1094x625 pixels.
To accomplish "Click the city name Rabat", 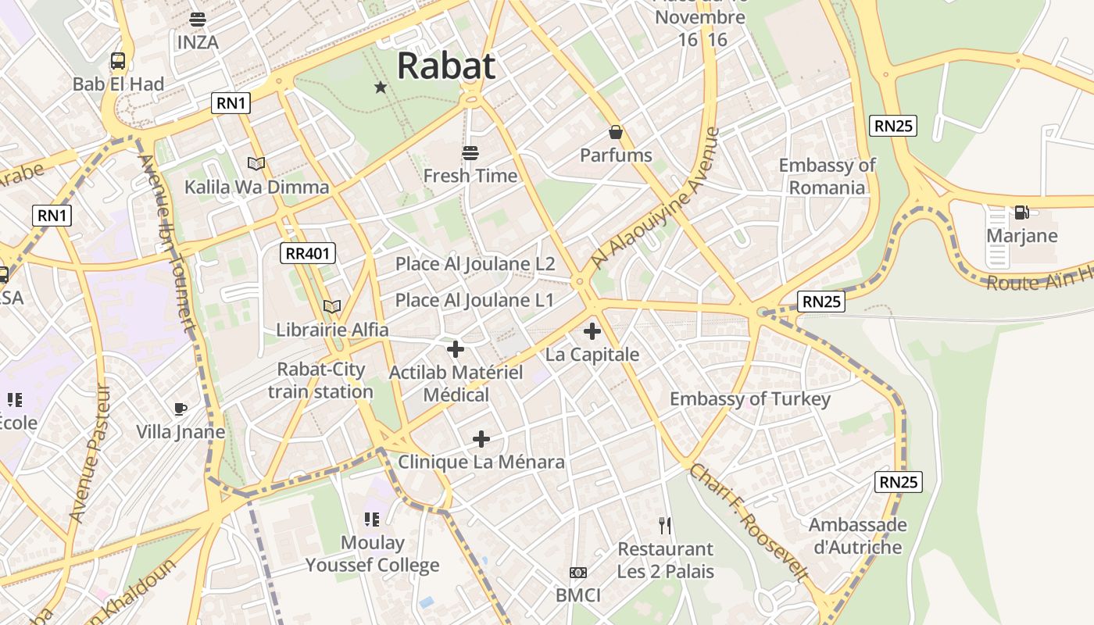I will point(445,67).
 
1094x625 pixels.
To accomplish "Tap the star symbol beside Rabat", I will point(381,87).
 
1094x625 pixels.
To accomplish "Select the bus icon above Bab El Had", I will point(118,61).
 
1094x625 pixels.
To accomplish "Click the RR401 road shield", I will point(308,252).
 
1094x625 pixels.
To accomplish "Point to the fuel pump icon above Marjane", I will point(1021,212).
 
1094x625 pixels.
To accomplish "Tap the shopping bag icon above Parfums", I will point(616,133).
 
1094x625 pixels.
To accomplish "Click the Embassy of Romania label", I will point(827,177).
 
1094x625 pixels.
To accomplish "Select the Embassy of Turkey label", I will point(750,399).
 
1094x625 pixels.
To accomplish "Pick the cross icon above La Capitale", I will point(592,331).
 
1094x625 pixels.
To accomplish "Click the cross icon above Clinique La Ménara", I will point(481,439).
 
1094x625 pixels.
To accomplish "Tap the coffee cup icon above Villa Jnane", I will point(181,409).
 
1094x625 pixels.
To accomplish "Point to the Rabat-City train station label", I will point(320,380).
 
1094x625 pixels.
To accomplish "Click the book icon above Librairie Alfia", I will point(332,307).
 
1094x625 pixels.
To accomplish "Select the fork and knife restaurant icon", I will point(665,525).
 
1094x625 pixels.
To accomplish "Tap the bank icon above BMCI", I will point(578,573).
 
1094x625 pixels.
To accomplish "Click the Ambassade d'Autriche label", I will point(857,536).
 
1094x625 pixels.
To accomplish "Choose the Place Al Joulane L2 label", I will point(475,264).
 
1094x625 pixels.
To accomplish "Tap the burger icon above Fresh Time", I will point(470,152).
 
